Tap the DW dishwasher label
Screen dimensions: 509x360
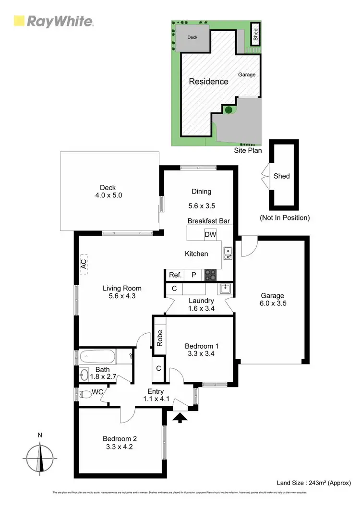[210, 235]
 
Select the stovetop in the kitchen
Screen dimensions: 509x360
[211, 275]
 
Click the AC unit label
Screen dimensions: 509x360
[84, 264]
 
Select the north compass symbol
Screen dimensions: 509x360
[40, 456]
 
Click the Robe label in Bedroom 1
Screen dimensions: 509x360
[159, 339]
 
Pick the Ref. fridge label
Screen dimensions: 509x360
[175, 275]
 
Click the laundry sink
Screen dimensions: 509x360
[225, 289]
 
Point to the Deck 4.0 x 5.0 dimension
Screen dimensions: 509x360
[108, 195]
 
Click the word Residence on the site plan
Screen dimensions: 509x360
[208, 82]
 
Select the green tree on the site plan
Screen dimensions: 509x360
[229, 110]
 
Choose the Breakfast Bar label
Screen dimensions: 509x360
[209, 221]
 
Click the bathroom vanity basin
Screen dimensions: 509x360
[84, 374]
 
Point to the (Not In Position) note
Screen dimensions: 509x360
[285, 218]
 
